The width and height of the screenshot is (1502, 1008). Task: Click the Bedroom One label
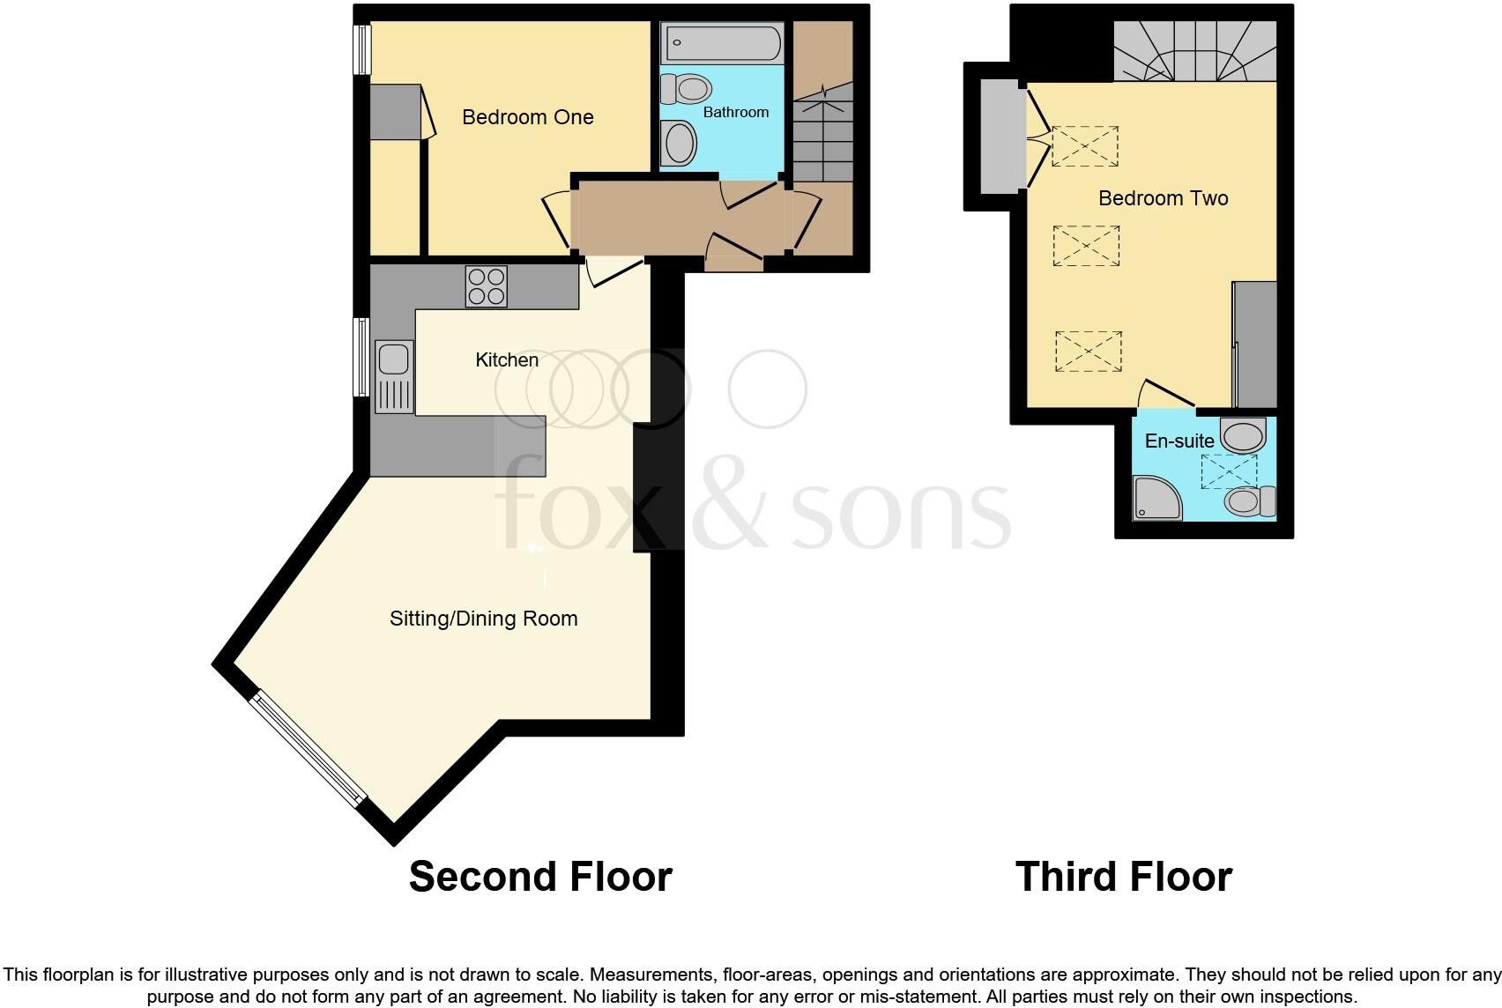[x=527, y=117]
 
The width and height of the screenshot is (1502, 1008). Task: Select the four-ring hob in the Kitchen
[x=487, y=286]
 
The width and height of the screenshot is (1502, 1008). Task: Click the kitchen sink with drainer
[x=393, y=376]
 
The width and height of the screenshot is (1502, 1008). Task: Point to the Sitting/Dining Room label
[x=483, y=619]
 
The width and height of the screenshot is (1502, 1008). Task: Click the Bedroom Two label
[x=1163, y=198]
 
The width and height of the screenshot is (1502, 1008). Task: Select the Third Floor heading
[x=1123, y=877]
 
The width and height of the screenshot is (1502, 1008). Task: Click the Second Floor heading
[x=540, y=877]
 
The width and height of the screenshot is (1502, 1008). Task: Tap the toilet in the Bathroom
[x=687, y=88]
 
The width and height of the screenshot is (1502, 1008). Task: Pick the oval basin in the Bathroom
[x=678, y=144]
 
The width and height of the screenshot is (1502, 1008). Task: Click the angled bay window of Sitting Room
[x=306, y=750]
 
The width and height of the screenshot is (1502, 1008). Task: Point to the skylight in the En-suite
[x=1229, y=471]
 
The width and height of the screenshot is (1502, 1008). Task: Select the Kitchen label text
[x=506, y=359]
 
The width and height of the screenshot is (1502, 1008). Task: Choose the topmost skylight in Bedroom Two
[x=1085, y=146]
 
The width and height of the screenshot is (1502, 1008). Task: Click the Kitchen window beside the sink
[x=361, y=357]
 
